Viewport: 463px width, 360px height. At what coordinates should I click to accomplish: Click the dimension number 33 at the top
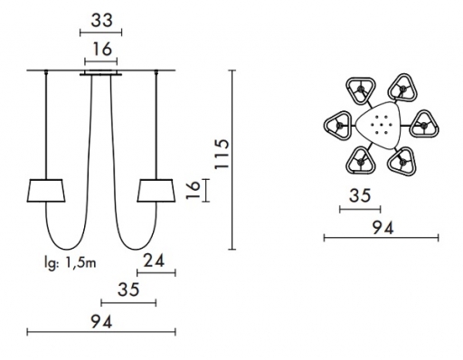101,21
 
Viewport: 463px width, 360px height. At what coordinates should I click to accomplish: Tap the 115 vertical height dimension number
222,154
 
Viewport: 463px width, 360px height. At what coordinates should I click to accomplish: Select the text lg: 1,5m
70,263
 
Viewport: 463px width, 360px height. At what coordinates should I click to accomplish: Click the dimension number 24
154,261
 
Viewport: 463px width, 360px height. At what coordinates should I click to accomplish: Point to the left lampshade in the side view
46,191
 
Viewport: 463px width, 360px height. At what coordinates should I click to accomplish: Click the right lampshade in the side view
156,191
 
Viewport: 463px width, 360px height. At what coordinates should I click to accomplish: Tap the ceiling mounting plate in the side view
101,73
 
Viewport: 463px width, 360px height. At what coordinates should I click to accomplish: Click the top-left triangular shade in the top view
361,90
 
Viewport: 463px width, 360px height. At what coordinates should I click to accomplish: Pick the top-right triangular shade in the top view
402,88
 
